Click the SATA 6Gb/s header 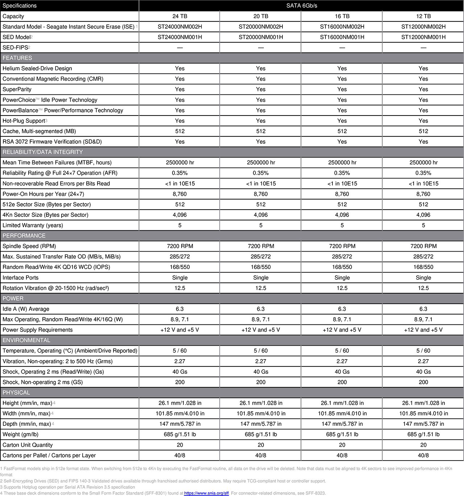coord(302,5)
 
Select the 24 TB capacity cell coord(180,16)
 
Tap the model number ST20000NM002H coord(261,27)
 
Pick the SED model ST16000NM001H coord(342,37)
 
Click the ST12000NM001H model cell coord(423,37)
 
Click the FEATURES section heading coord(17,58)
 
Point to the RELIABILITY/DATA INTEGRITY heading coord(43,152)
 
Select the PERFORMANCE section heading coord(24,236)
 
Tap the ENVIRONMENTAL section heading coord(26,340)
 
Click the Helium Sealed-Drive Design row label coord(37,68)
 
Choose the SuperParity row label coord(17,89)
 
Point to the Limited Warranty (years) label coord(33,225)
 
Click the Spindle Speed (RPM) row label coord(29,246)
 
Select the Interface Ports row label coord(21,278)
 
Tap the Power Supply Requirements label coord(38,330)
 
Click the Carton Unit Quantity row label coord(28,445)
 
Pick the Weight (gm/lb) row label coord(20,434)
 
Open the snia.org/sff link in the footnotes coord(206,493)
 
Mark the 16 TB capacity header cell coord(342,16)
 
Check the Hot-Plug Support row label coord(24,121)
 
